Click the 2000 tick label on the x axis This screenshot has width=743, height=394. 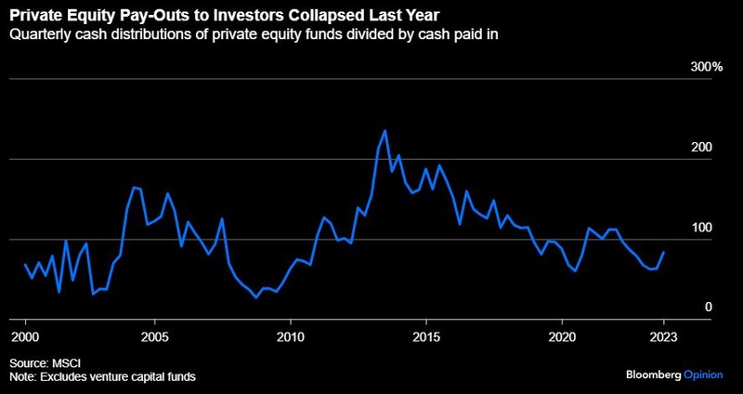pos(25,335)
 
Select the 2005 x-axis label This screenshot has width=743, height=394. pos(154,335)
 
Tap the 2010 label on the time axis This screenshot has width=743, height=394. pos(291,335)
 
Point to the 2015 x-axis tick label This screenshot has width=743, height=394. pos(425,335)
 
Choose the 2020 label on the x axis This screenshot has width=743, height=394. pos(562,335)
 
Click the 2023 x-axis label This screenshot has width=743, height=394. pos(663,335)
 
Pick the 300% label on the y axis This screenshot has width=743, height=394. pos(706,67)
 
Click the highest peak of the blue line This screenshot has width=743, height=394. pos(385,130)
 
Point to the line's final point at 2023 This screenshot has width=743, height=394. pos(663,252)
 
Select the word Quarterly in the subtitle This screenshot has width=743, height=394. pos(40,36)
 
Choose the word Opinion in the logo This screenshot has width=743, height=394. pos(709,373)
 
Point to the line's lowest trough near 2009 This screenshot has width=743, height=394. pos(255,297)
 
